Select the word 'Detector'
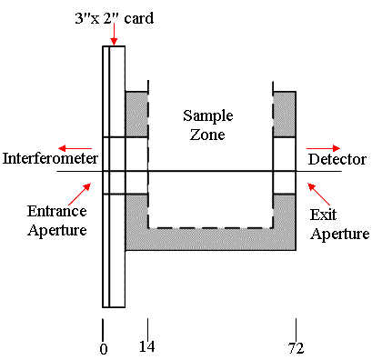coord(337,160)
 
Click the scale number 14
coord(146,346)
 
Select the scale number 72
coord(295,346)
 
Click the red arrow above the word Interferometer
coord(74,148)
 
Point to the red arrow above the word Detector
coord(324,148)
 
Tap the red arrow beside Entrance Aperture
coord(89,188)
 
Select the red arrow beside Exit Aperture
coord(314,188)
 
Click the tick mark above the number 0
coord(103,326)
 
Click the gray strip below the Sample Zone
coord(210,239)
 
